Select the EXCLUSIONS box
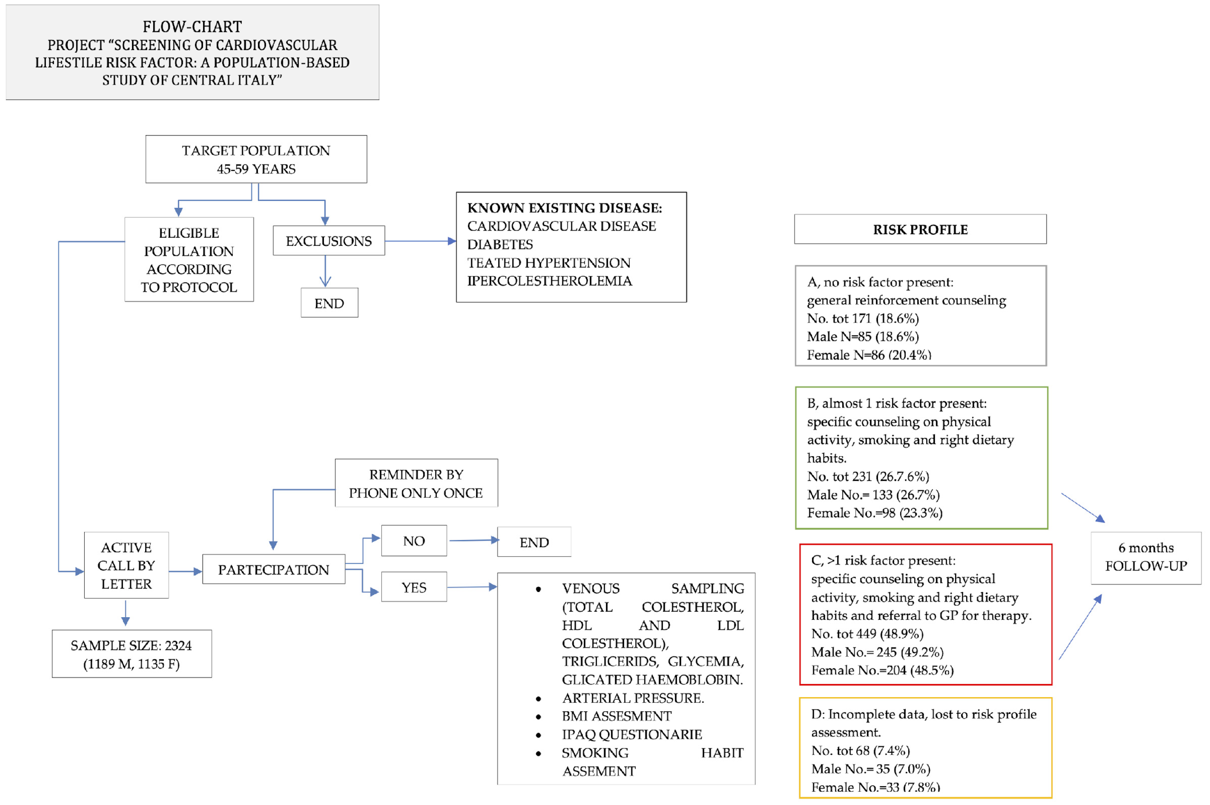329,241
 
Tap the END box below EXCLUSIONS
329,303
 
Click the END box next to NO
534,542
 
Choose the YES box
414,587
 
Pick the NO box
414,540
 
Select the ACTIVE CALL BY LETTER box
126,565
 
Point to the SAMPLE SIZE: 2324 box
131,654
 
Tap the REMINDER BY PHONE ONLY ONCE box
416,483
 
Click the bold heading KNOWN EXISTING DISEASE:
564,208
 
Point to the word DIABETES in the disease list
499,244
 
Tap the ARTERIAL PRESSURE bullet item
633,698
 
